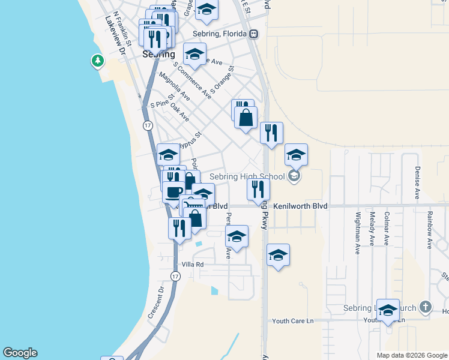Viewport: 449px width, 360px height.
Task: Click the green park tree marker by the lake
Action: click(97, 61)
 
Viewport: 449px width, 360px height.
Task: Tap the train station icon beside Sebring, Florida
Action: click(254, 34)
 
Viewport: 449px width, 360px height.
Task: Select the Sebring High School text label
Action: click(247, 176)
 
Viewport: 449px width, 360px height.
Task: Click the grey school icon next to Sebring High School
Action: click(294, 176)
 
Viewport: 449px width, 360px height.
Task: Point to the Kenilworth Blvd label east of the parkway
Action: click(301, 206)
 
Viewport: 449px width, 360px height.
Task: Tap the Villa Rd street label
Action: click(193, 264)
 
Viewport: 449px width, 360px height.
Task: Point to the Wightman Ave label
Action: click(358, 232)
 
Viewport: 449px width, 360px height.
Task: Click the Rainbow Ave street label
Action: click(430, 229)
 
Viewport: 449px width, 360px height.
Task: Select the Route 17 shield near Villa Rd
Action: click(175, 276)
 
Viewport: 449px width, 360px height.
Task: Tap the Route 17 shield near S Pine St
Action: click(148, 125)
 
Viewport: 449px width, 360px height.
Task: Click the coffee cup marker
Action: click(174, 192)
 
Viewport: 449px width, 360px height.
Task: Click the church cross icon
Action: click(425, 307)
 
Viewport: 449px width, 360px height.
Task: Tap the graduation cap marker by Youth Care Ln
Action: click(388, 310)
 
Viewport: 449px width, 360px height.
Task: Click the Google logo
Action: click(20, 353)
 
